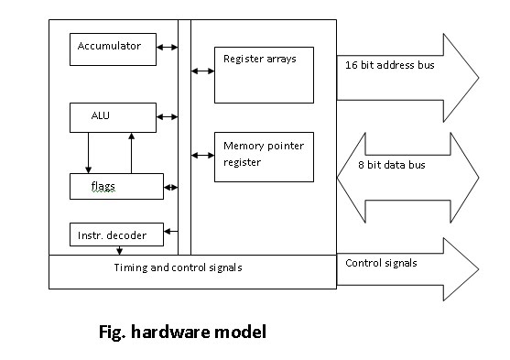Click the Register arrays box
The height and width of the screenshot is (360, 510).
point(263,74)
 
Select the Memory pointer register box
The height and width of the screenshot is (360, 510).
point(263,157)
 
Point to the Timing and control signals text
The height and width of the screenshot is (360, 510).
point(179,267)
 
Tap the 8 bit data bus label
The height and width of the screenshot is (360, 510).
point(391,166)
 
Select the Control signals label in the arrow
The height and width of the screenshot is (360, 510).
point(381,263)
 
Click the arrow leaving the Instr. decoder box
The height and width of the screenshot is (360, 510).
point(169,235)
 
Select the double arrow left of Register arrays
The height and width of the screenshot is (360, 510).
point(201,69)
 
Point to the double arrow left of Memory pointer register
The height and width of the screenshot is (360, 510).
point(201,153)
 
